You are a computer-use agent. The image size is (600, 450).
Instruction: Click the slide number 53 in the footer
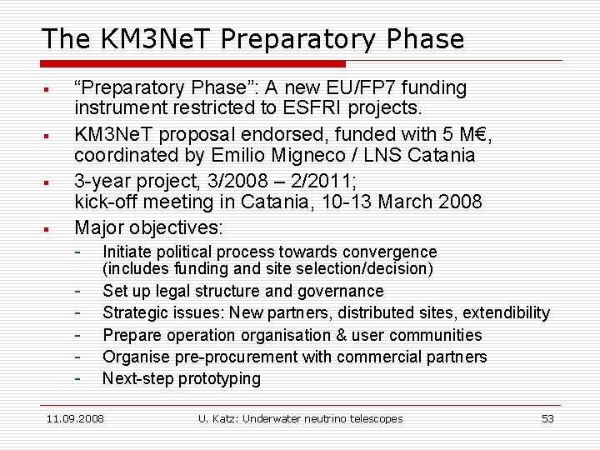[x=547, y=418]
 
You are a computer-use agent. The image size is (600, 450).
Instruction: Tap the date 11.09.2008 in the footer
[x=75, y=418]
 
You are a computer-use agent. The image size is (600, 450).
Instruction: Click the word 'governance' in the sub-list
[x=342, y=291]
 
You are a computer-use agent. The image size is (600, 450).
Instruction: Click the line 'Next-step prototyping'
[x=181, y=379]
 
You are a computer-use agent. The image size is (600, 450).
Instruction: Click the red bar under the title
[x=192, y=63]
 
